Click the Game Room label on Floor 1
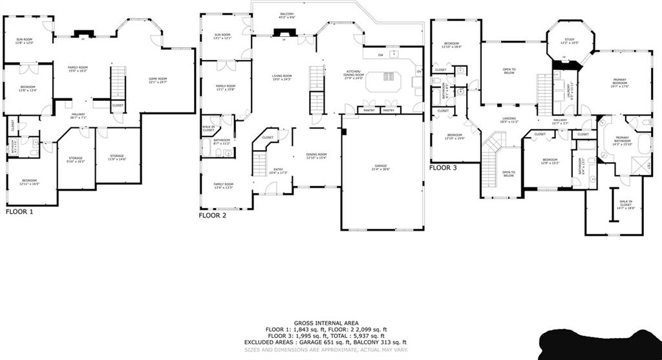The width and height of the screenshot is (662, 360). click(x=158, y=80)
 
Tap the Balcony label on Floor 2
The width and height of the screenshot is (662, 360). click(x=287, y=15)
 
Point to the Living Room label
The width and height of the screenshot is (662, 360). click(x=282, y=78)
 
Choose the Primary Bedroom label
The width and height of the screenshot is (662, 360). click(x=620, y=82)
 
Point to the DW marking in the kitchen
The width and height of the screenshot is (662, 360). click(x=381, y=56)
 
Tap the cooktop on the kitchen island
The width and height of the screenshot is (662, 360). click(x=389, y=77)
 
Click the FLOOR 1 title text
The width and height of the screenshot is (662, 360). click(x=19, y=211)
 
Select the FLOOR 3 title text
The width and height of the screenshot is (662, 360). click(x=443, y=167)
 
